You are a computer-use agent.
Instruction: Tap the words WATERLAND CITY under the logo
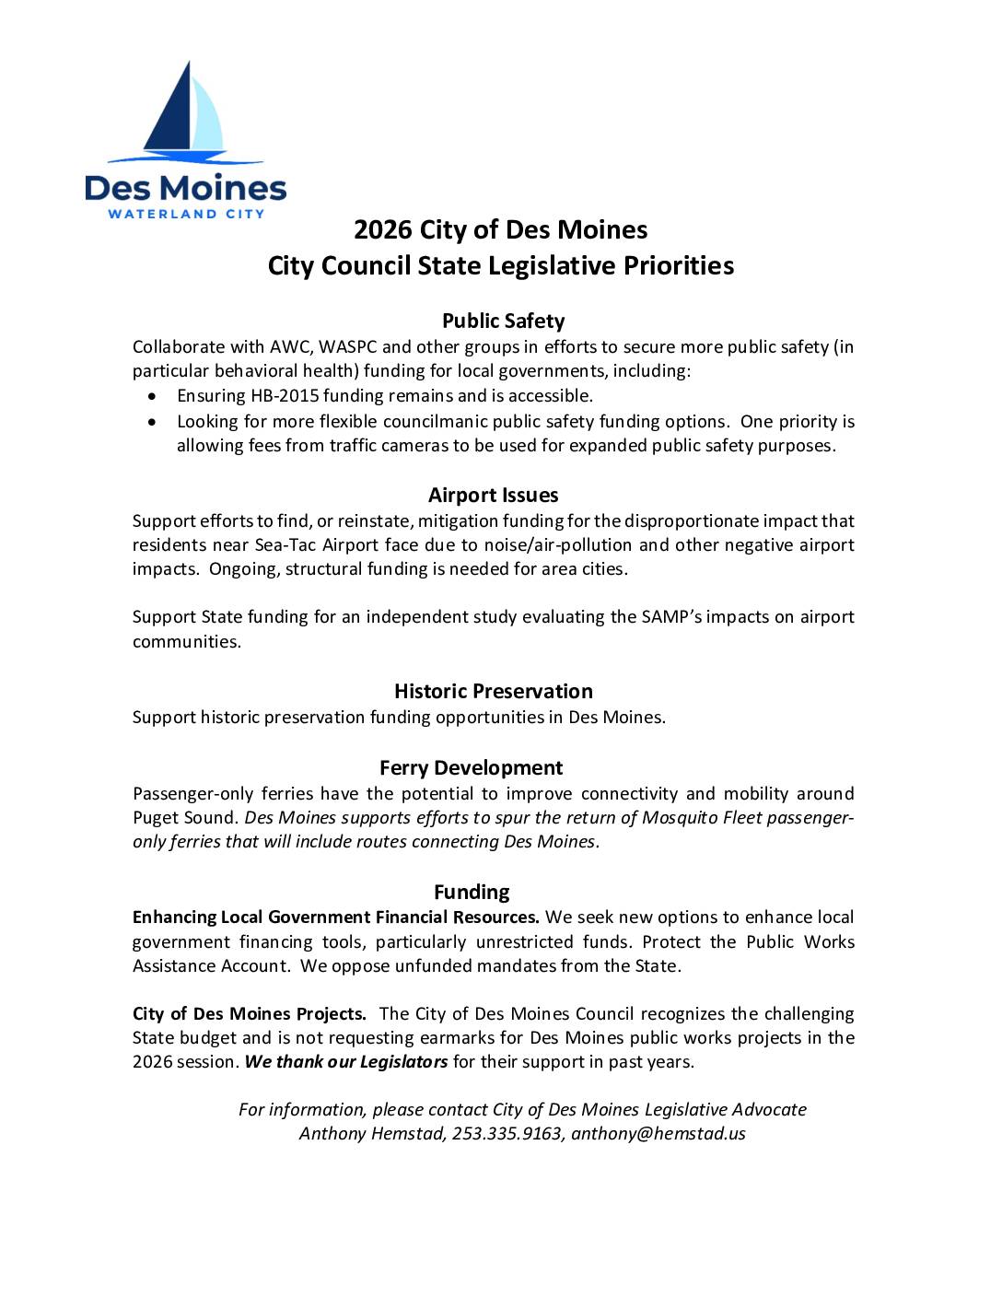click(x=187, y=214)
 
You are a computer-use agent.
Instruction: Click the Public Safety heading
click(x=503, y=321)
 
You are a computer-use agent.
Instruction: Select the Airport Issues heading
click(x=493, y=495)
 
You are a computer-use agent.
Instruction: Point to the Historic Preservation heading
click(x=493, y=691)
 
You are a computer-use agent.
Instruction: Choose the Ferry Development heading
click(x=471, y=767)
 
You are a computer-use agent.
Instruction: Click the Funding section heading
click(x=472, y=892)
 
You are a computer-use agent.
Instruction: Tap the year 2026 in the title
click(x=384, y=228)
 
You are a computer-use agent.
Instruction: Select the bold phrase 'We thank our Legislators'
click(x=346, y=1061)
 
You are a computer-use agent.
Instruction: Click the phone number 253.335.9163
click(x=507, y=1134)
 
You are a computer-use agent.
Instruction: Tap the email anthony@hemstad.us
click(x=658, y=1134)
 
